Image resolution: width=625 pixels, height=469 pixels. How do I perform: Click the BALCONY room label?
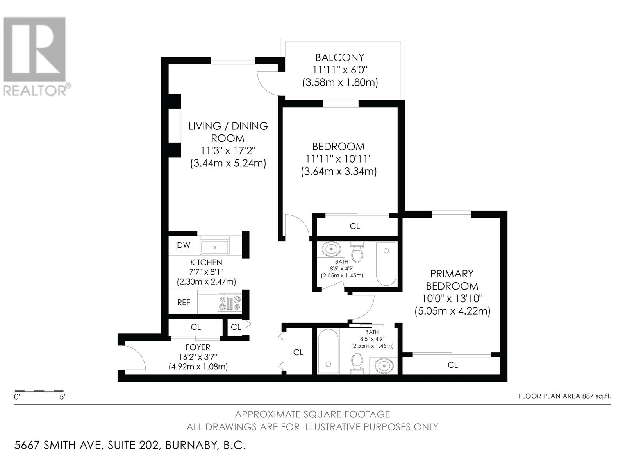coord(339,58)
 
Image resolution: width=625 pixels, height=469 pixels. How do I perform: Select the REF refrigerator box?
coord(184,303)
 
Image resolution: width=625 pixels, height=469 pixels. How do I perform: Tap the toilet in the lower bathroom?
coord(357,363)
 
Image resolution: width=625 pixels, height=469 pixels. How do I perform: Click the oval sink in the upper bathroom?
coord(332,249)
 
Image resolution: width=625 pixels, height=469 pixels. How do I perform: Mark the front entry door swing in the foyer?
coord(135,358)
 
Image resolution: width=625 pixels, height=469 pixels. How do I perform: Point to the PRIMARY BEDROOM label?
coord(452,279)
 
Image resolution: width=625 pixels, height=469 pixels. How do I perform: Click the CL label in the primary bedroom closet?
coord(453,365)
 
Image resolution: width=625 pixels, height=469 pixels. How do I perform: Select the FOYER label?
coord(198,347)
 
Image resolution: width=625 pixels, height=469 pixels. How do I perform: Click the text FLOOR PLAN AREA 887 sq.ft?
coord(564,396)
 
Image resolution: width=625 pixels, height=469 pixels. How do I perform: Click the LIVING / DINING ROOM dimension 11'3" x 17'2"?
coord(228,151)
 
